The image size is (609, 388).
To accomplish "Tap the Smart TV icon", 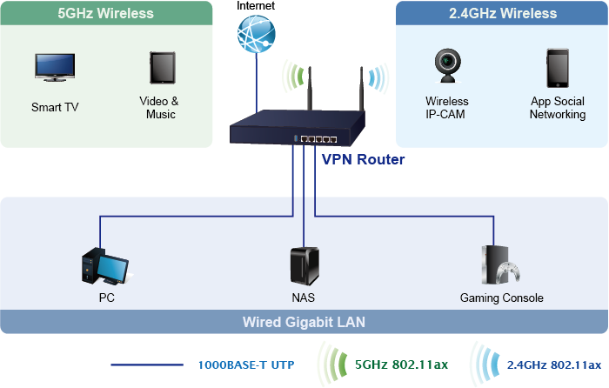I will [54, 67].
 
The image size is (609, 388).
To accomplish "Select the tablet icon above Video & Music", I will [161, 67].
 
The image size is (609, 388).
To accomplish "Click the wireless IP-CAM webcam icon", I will [447, 66].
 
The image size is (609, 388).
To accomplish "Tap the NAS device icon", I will [303, 264].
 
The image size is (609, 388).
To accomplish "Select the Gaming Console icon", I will [501, 265].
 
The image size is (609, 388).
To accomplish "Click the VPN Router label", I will [363, 160].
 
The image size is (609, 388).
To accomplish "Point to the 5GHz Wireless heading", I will [105, 13].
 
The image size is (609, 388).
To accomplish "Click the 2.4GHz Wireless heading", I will [503, 13].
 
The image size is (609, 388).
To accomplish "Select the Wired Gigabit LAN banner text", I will [304, 322].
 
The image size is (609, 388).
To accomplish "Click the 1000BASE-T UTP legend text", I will [244, 365].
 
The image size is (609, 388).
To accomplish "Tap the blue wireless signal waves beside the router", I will [375, 78].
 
